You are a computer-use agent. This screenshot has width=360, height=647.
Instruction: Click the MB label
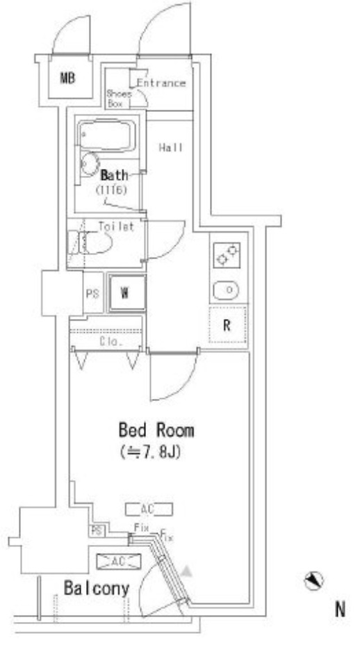68,78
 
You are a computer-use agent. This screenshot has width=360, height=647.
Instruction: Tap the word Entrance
161,83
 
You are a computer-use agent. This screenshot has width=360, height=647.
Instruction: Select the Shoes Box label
119,99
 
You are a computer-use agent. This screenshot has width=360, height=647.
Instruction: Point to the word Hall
171,147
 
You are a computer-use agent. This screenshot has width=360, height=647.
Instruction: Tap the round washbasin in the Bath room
89,164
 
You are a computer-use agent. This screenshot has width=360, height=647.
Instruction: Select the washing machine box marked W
126,293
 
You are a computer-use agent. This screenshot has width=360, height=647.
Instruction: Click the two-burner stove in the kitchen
227,255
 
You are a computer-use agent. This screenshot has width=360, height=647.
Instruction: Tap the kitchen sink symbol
226,290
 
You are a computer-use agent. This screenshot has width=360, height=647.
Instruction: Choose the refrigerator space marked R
227,325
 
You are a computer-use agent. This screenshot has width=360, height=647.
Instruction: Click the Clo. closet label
111,342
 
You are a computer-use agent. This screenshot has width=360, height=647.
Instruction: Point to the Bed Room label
156,430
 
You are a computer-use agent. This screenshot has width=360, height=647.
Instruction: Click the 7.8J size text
151,452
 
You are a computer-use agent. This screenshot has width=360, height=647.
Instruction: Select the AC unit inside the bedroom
149,509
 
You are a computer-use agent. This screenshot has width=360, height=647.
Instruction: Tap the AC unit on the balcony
118,562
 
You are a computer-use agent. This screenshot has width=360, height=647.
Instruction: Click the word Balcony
97,588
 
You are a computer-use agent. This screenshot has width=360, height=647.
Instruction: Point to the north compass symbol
313,581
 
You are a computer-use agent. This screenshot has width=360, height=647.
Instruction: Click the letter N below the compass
340,609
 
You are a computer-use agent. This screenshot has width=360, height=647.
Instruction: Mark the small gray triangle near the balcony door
188,571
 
